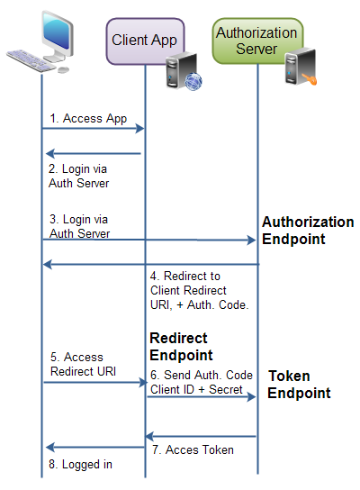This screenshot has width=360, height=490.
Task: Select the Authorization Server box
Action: tap(256, 40)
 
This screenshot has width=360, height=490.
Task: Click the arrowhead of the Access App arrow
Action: tap(141, 130)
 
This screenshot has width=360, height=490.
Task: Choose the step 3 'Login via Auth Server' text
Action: tap(79, 226)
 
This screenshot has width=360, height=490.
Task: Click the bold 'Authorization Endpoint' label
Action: tap(307, 231)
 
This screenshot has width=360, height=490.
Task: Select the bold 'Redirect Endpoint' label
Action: tap(181, 346)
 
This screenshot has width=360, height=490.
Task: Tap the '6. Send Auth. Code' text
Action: tap(201, 375)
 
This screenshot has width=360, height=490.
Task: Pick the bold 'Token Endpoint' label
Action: tap(300, 384)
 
